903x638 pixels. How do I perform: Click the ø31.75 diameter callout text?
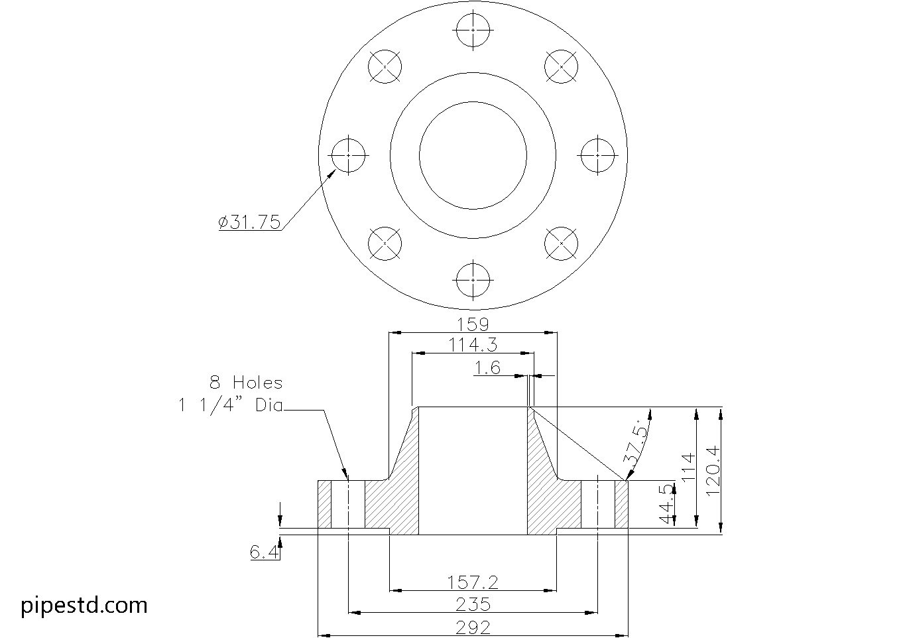pos(250,222)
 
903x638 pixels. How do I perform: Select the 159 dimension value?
pos(473,324)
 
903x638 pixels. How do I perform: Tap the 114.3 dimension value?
pos(473,345)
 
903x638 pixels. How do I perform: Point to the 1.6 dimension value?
pos(488,368)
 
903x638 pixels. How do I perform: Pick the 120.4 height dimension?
pos(713,471)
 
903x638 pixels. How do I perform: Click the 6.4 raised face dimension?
pos(263,552)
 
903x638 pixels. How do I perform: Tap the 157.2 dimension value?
pos(473,582)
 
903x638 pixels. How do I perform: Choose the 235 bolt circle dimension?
pos(473,604)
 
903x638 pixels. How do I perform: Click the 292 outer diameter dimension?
pos(473,627)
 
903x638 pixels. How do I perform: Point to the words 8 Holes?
pos(246,383)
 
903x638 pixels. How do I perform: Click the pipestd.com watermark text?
pos(84,605)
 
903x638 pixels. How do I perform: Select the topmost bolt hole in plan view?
pos(473,31)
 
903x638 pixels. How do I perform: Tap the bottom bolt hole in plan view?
pos(473,280)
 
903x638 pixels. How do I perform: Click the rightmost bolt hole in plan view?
pos(597,155)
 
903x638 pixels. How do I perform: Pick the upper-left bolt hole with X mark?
pos(385,67)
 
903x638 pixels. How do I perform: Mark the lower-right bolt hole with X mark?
pos(561,243)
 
